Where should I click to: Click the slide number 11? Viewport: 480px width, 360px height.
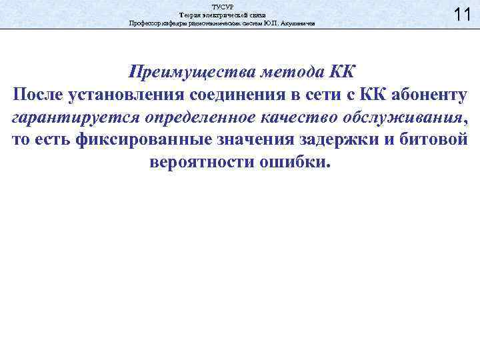pos(462,14)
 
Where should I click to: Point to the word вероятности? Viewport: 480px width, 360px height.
pos(199,163)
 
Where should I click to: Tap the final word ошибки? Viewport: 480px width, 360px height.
pos(294,163)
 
